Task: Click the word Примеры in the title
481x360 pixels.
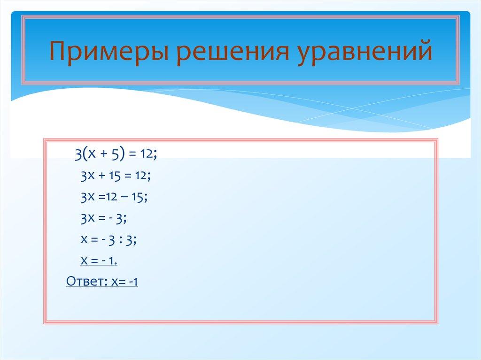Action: [x=109, y=52]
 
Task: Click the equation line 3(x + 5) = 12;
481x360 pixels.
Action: [x=115, y=154]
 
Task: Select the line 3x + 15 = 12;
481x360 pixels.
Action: [x=115, y=176]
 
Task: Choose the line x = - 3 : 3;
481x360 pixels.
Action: [x=109, y=239]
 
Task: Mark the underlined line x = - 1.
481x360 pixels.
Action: [x=99, y=260]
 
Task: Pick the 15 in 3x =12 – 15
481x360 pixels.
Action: [x=138, y=198]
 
